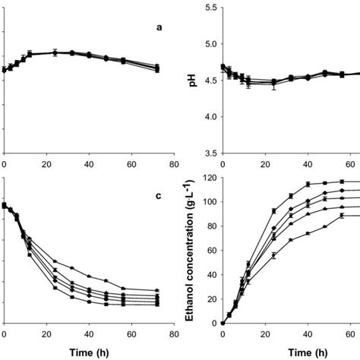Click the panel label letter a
tap(159, 28)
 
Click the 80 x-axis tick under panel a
tap(174, 163)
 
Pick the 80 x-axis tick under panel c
tap(174, 333)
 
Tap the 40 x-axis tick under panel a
tap(90, 163)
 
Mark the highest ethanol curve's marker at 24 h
tap(273, 211)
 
